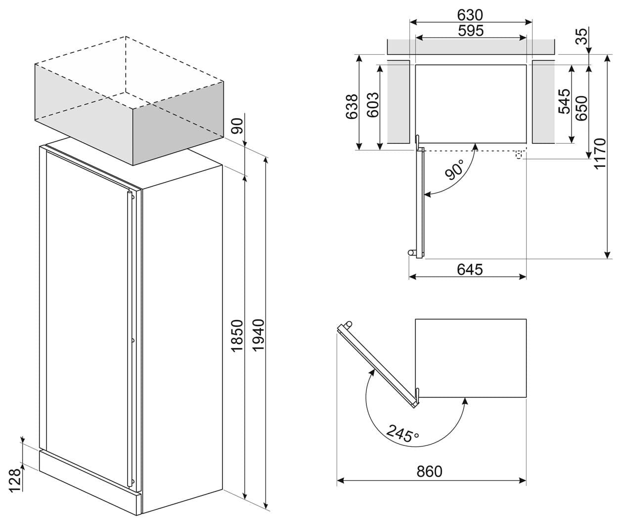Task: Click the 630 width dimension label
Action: tap(470, 15)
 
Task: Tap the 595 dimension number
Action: tap(471, 31)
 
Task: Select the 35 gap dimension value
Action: tap(581, 36)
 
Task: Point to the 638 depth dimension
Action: tap(352, 106)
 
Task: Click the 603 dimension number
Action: tap(373, 105)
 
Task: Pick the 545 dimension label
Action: tap(565, 101)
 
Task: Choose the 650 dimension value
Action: tap(581, 108)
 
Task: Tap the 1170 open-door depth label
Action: tap(600, 154)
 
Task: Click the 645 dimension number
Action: tap(470, 270)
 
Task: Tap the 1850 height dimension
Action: tap(237, 335)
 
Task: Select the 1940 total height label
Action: tap(259, 335)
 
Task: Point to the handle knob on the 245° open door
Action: tap(348, 324)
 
